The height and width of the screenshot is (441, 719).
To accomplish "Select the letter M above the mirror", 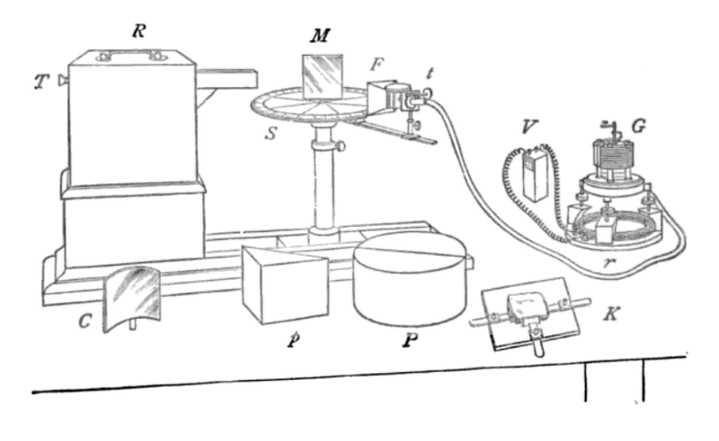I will click(x=320, y=36).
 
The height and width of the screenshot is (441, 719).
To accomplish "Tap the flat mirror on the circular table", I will click(x=322, y=77).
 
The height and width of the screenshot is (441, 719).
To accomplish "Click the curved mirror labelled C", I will click(x=134, y=292).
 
